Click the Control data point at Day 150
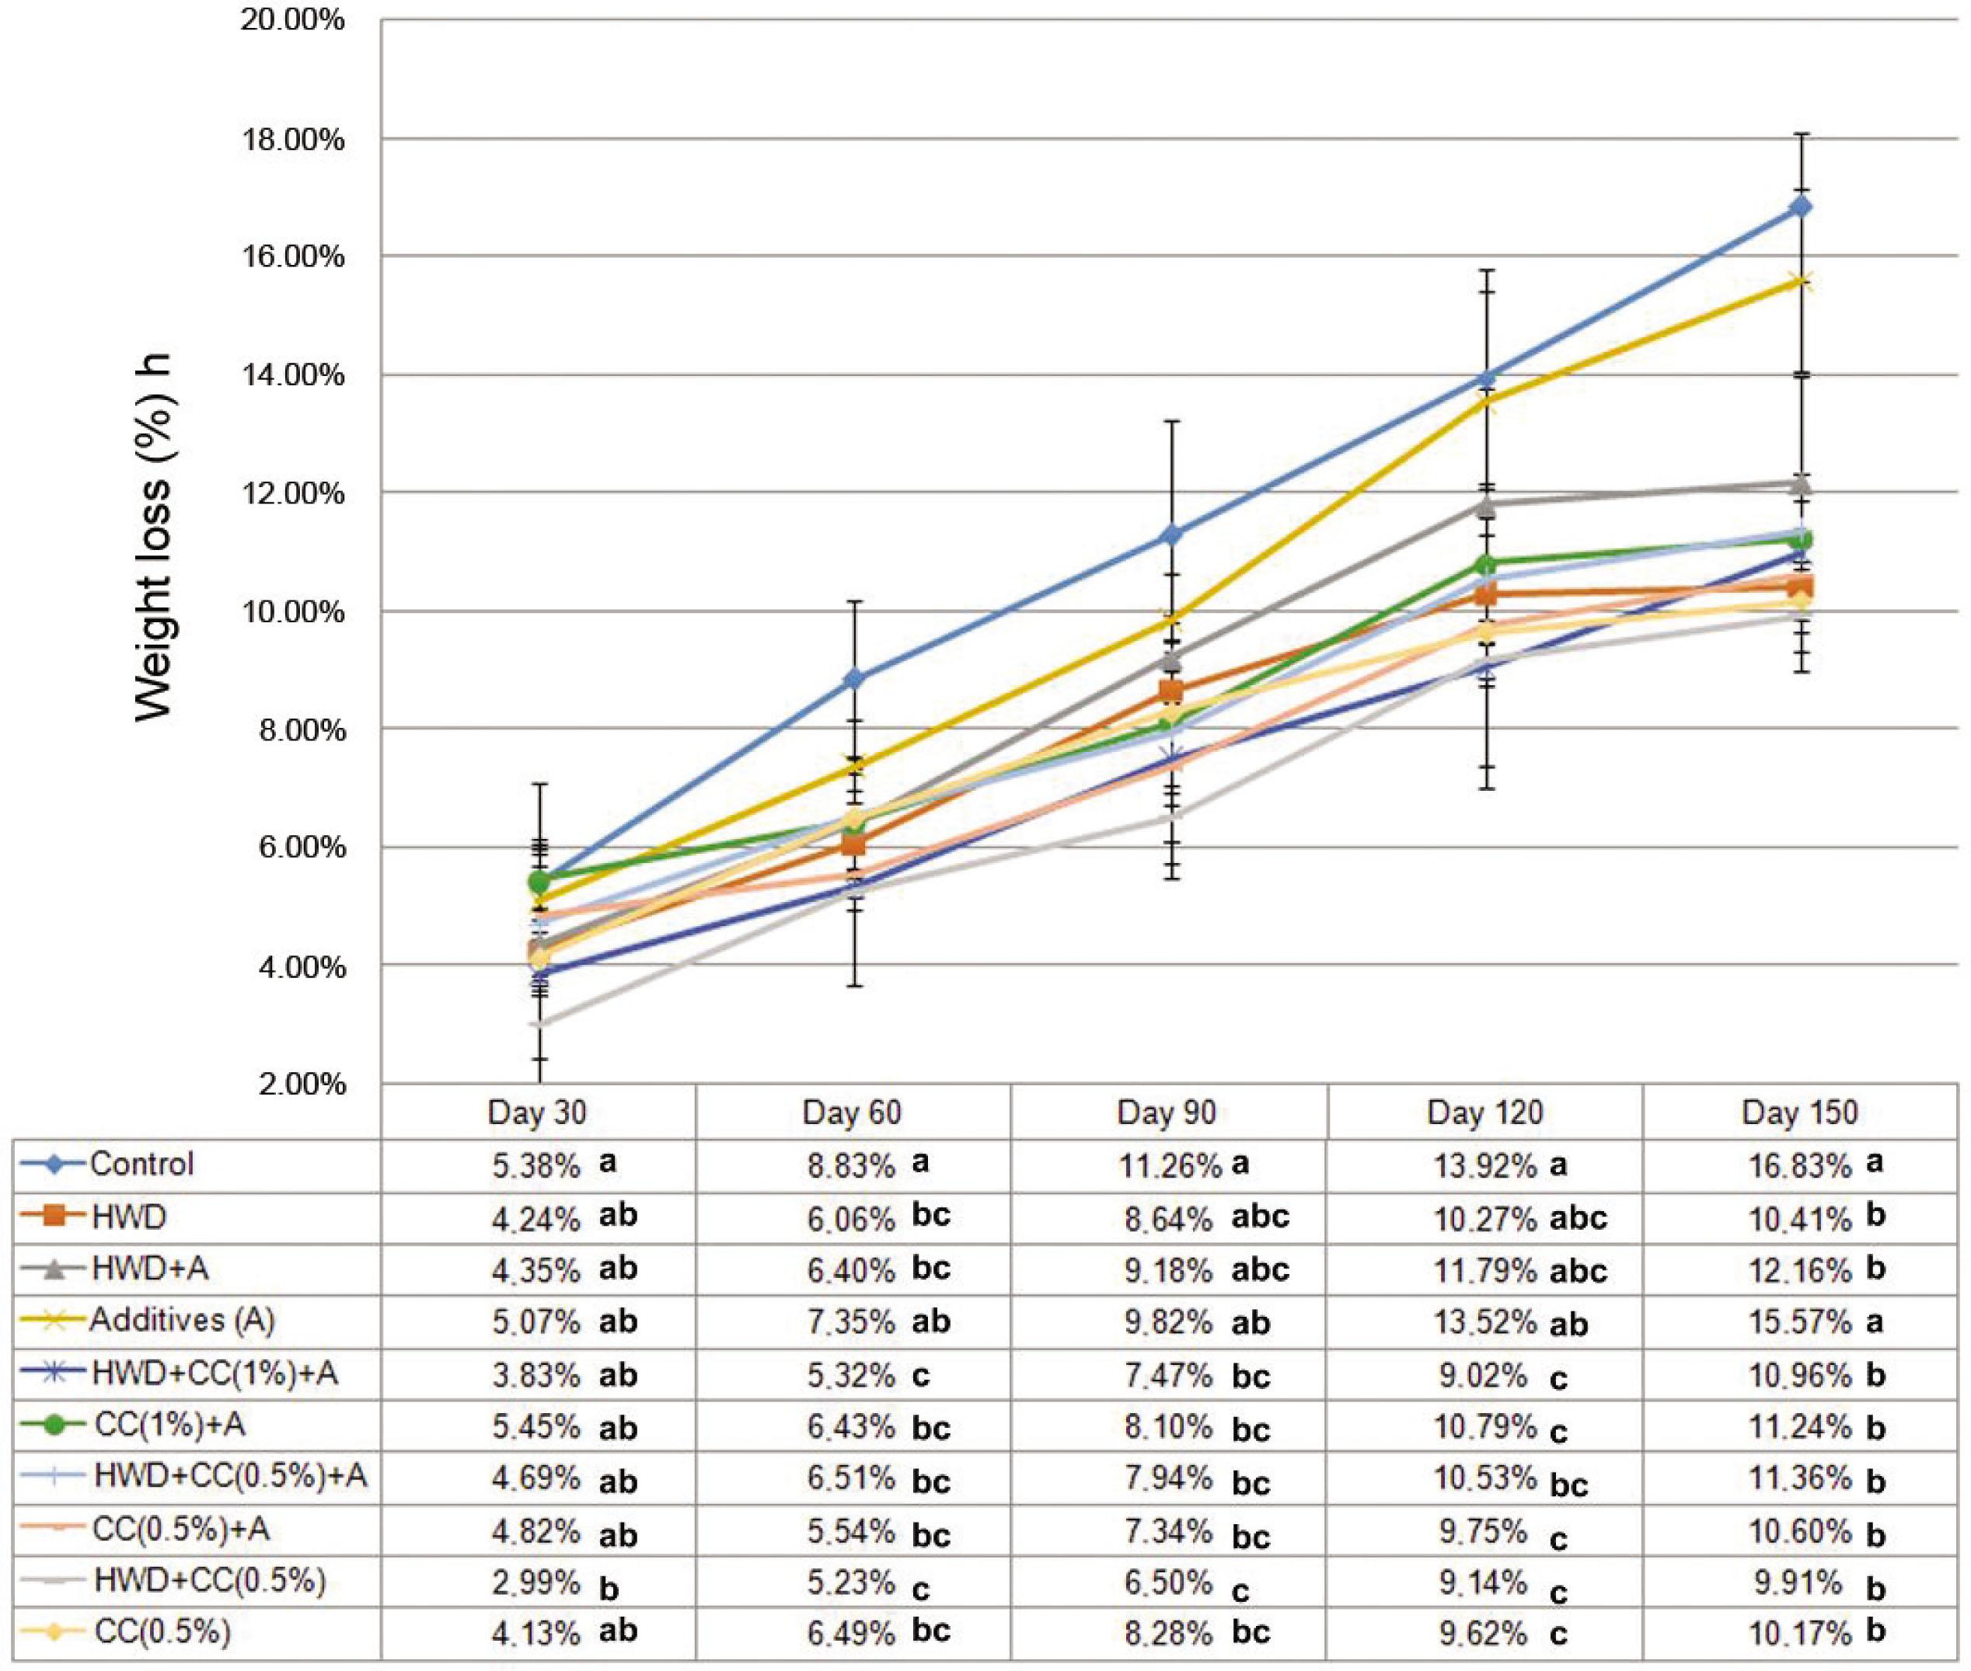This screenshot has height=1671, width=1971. [1802, 207]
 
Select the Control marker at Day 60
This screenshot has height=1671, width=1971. [855, 678]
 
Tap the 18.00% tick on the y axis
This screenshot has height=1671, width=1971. [294, 140]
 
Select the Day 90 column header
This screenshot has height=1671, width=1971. [1167, 1112]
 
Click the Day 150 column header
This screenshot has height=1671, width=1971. [1799, 1112]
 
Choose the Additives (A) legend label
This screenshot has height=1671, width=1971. [182, 1321]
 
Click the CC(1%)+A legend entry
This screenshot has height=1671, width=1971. [169, 1426]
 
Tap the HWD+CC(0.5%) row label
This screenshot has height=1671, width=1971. [209, 1580]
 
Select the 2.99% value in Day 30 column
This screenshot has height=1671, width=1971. [535, 1582]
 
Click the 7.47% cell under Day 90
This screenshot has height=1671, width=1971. [1168, 1376]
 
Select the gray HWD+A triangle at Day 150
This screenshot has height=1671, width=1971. [1802, 485]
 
